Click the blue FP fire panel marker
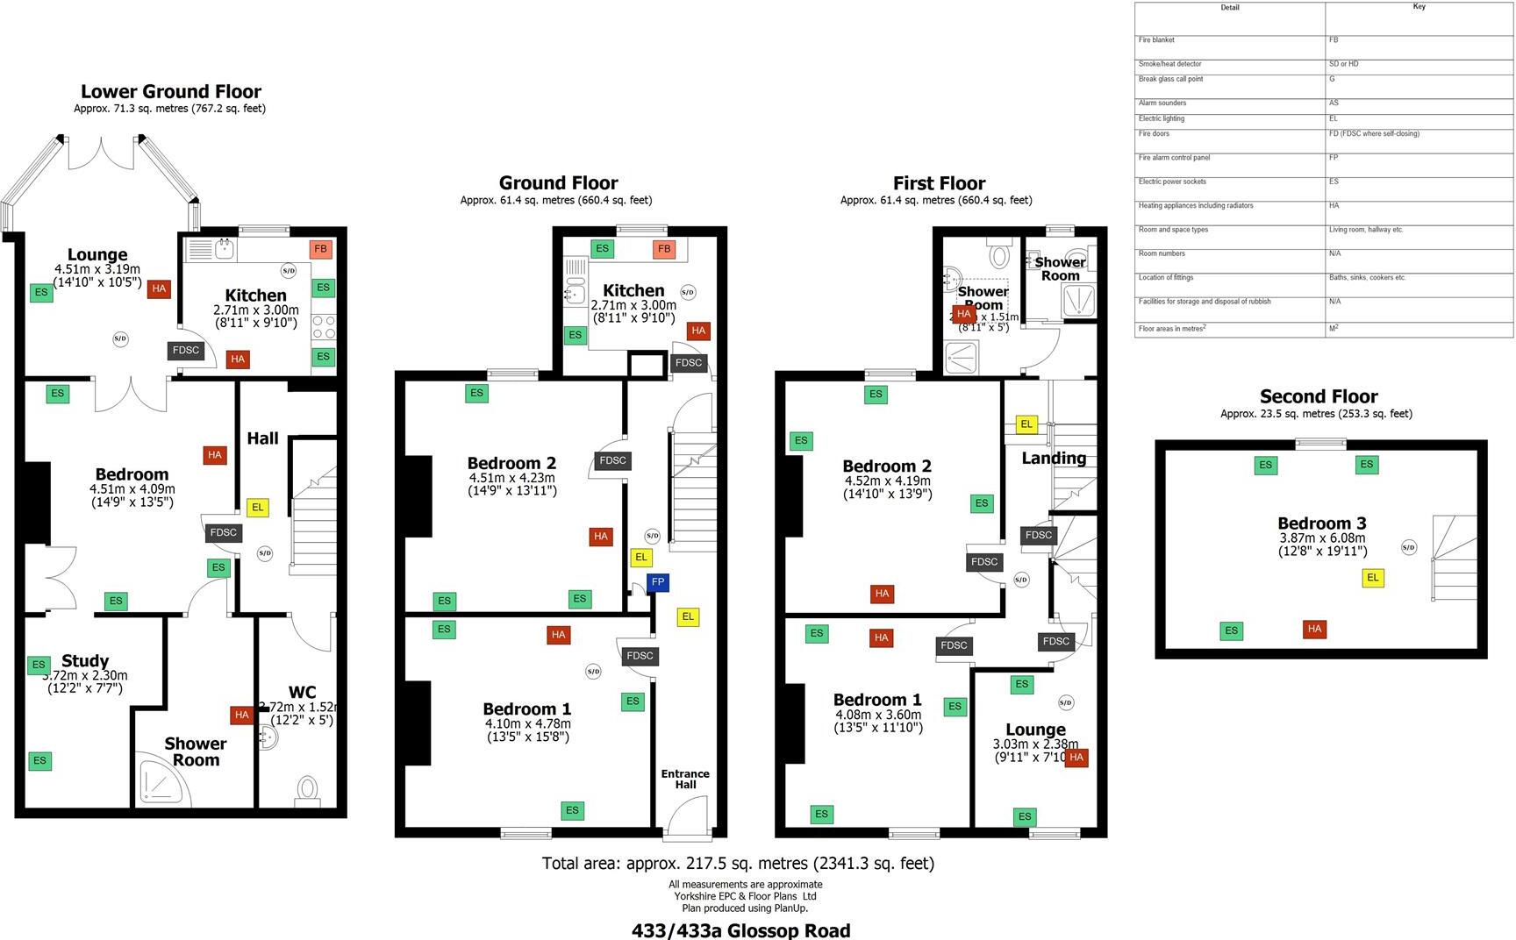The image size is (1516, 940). click(x=658, y=582)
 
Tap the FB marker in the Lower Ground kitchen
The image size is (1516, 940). click(x=320, y=249)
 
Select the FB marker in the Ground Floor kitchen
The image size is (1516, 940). click(x=664, y=249)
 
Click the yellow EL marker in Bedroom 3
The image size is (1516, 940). click(x=1373, y=577)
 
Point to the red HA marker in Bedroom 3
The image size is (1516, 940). click(x=1314, y=629)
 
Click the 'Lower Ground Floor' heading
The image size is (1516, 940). click(x=171, y=91)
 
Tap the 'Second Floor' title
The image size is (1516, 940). click(x=1319, y=396)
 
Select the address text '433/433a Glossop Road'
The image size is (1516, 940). click(x=740, y=930)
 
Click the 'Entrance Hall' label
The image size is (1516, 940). click(x=685, y=779)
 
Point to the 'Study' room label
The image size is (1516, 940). click(x=85, y=661)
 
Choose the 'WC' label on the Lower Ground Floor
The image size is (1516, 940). click(x=302, y=692)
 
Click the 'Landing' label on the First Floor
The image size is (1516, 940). click(x=1054, y=458)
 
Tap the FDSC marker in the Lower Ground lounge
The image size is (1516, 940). click(x=186, y=350)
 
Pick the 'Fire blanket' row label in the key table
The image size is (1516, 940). click(x=1156, y=40)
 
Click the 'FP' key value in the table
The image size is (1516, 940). click(x=1334, y=158)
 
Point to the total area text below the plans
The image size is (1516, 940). click(x=738, y=863)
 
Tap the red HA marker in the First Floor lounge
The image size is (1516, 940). click(x=1076, y=758)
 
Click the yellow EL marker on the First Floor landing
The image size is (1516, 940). click(x=1026, y=424)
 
